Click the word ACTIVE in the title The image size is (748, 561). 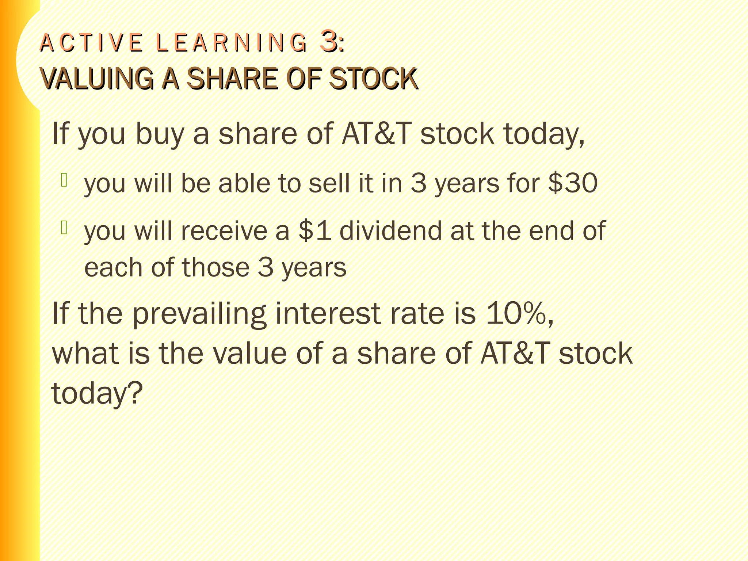[x=91, y=43]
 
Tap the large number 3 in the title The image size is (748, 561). [x=328, y=41]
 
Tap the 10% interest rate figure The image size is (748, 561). [x=516, y=313]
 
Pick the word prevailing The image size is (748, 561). [x=199, y=314]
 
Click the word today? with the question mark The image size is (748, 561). [x=97, y=394]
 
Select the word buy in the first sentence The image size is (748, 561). [x=160, y=134]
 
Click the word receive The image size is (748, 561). [x=224, y=231]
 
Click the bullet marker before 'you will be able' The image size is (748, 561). [x=64, y=180]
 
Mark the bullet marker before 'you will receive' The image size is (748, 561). [x=64, y=228]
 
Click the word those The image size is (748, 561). [x=215, y=267]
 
